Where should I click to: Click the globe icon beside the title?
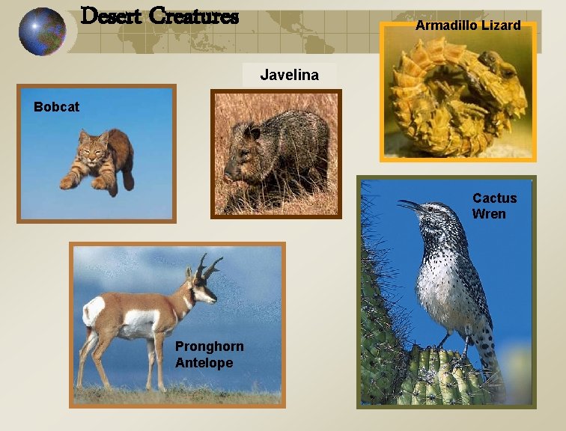(43, 31)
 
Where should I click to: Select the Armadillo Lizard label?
(468, 25)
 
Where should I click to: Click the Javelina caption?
(289, 75)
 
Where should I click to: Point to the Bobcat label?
(56, 107)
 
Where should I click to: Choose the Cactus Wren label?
(493, 206)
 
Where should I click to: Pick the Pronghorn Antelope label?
(204, 354)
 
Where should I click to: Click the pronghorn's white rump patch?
(93, 310)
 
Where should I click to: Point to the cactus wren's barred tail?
(487, 359)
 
